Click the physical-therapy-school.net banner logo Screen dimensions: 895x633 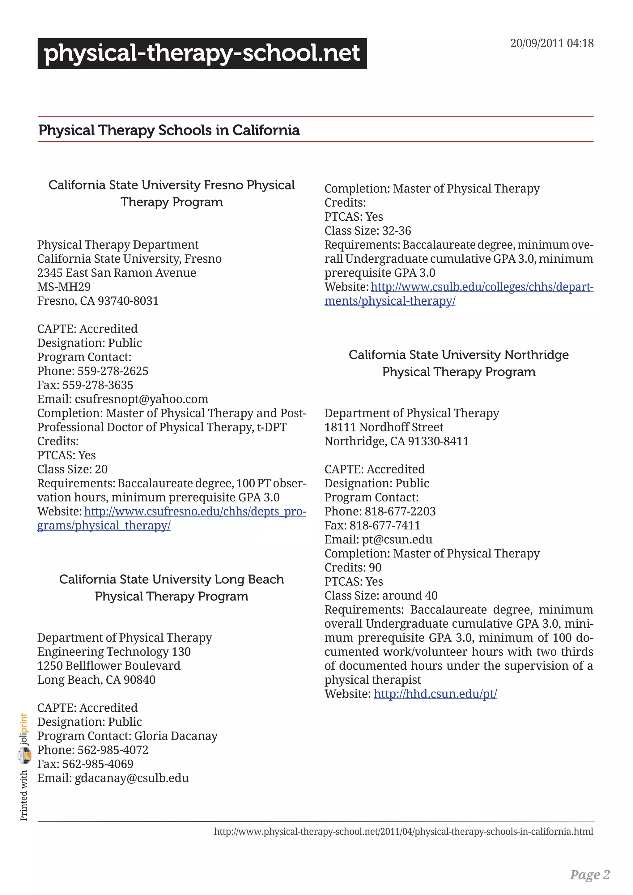(x=202, y=53)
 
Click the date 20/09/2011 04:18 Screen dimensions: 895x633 (x=551, y=43)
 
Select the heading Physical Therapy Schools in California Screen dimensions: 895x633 (x=169, y=130)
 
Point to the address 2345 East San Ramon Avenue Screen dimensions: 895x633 (x=117, y=273)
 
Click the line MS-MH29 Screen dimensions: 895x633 (x=64, y=286)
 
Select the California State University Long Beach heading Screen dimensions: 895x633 (x=172, y=587)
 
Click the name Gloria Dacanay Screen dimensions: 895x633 (x=176, y=736)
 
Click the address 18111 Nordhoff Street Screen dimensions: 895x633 (x=384, y=427)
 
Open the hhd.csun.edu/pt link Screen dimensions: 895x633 (x=435, y=694)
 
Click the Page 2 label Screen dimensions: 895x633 (x=589, y=874)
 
